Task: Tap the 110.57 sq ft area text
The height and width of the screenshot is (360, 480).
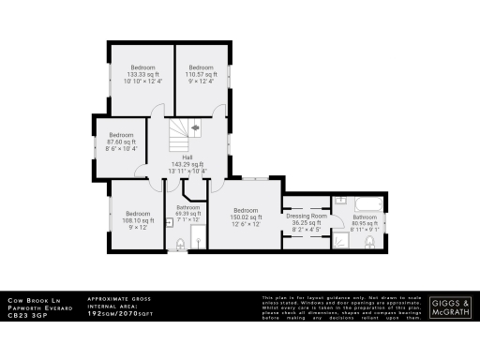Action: (202, 75)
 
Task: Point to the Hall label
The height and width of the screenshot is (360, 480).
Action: (187, 157)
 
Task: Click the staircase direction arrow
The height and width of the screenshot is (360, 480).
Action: (195, 127)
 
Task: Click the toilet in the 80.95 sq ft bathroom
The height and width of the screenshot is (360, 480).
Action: (370, 243)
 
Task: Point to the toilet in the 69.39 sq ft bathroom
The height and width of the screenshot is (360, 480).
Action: (181, 245)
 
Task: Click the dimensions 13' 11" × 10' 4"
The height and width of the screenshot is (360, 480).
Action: (187, 172)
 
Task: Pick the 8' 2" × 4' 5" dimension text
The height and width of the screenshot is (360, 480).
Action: (305, 230)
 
